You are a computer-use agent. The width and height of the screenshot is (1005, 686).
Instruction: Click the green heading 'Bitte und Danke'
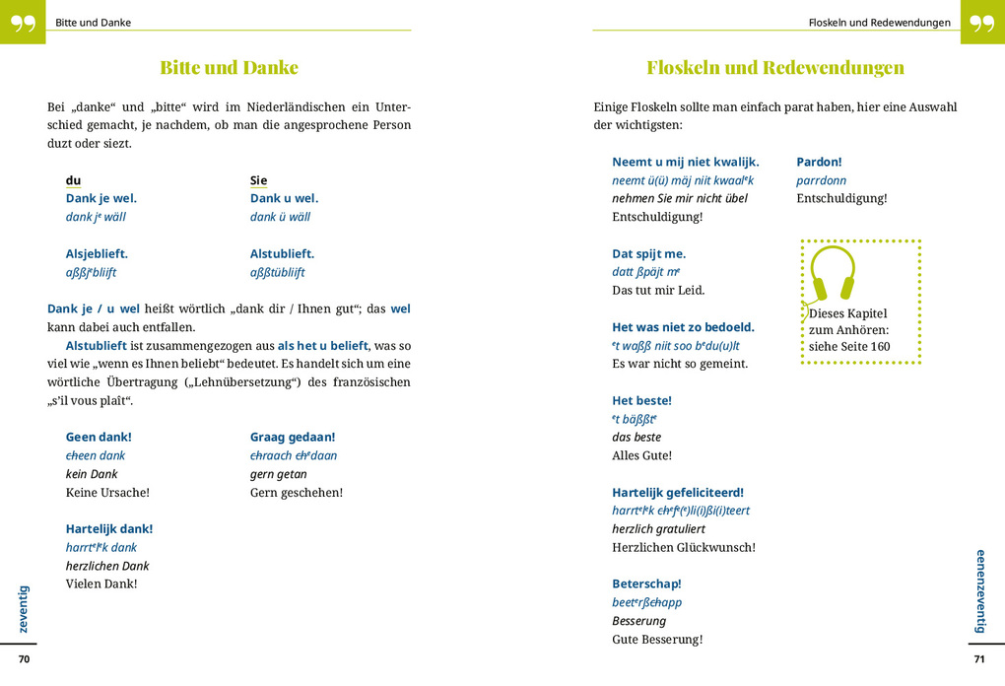click(x=229, y=68)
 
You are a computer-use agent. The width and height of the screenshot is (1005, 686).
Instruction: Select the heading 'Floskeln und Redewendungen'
click(x=774, y=68)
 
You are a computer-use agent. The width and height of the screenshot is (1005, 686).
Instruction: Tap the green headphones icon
click(x=833, y=273)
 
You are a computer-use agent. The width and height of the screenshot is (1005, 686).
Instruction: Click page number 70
click(x=25, y=659)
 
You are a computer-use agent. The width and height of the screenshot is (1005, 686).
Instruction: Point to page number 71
click(x=978, y=659)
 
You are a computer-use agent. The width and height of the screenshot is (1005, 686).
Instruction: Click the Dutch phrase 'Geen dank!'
click(x=99, y=437)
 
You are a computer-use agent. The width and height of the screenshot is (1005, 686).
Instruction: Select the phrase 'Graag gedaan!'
click(x=293, y=437)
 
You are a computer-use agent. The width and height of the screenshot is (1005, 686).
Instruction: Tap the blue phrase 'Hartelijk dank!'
click(x=109, y=528)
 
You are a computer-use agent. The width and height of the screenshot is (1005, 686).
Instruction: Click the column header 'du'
click(x=74, y=180)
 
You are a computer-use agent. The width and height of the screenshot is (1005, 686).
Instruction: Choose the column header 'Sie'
click(x=258, y=180)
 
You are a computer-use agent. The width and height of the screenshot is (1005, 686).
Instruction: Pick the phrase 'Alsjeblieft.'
click(x=97, y=253)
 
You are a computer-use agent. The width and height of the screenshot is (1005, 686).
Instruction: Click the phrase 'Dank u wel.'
click(x=284, y=198)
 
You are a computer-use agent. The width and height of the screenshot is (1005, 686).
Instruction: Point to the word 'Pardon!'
click(x=819, y=162)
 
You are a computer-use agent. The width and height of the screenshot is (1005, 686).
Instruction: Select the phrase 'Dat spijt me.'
click(x=648, y=253)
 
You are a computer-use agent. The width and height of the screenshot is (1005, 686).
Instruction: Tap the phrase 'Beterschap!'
click(x=646, y=583)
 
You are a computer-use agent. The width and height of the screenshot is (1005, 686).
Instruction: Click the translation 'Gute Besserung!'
click(x=657, y=639)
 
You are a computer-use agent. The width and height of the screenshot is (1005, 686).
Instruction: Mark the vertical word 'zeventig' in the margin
click(x=25, y=609)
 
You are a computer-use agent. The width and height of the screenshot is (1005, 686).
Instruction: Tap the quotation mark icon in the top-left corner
click(x=22, y=22)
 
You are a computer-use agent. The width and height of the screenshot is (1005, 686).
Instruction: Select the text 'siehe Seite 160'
click(x=849, y=347)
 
